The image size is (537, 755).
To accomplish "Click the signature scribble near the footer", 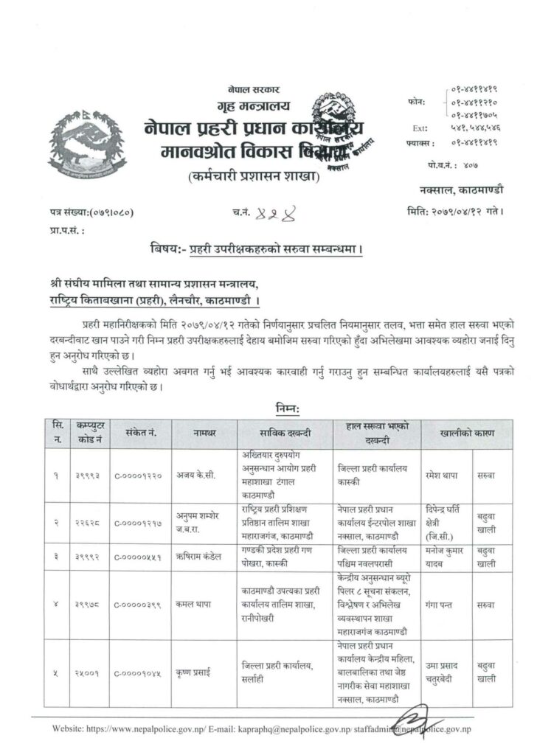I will tap(417, 722).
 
